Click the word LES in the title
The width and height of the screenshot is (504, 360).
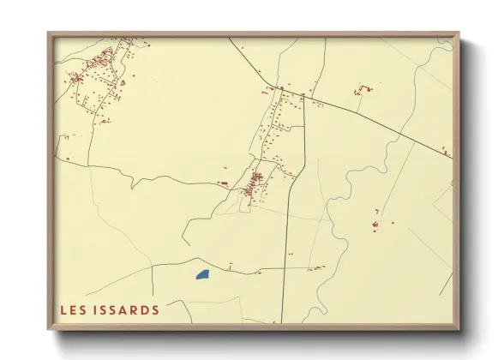(x=74, y=309)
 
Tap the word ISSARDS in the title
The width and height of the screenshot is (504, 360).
(x=127, y=309)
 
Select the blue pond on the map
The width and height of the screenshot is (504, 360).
(x=202, y=275)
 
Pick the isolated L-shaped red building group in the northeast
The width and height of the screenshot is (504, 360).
(x=364, y=88)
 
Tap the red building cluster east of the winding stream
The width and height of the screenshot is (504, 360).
(x=375, y=225)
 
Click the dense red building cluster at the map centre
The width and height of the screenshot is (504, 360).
(x=255, y=180)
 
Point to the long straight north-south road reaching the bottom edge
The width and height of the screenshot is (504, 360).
(x=286, y=257)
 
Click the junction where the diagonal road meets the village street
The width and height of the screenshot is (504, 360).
(x=279, y=88)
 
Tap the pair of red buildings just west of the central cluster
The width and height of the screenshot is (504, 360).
(x=225, y=183)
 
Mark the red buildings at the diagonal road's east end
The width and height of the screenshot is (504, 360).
(x=447, y=152)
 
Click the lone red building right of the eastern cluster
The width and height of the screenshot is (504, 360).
(x=393, y=223)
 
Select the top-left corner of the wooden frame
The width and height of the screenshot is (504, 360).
(x=49, y=34)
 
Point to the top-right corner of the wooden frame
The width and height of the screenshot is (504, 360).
(x=458, y=34)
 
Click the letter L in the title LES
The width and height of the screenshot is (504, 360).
(x=64, y=309)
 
